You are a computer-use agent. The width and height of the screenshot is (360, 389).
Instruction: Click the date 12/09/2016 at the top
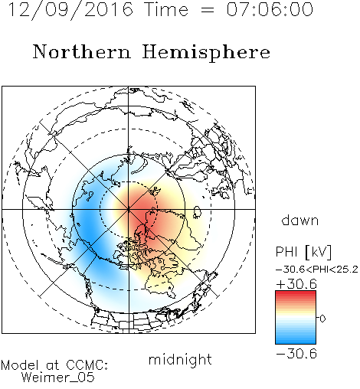[70, 10]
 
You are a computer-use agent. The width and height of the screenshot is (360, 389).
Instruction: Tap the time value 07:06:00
[270, 9]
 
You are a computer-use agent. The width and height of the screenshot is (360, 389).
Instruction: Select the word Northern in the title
[81, 51]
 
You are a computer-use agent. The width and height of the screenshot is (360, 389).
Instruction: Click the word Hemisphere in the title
[206, 53]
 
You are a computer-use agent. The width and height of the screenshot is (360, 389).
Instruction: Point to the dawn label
[300, 220]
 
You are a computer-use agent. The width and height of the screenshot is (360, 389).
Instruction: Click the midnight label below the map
[180, 359]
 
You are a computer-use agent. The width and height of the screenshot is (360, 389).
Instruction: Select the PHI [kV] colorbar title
[304, 252]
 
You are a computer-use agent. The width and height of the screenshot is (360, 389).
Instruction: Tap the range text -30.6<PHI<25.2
[317, 270]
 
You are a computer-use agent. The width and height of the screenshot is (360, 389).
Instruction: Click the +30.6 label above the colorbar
[296, 284]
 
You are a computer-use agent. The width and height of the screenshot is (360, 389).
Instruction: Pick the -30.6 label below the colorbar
[296, 354]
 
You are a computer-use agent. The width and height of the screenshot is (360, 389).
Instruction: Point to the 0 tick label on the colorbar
[322, 319]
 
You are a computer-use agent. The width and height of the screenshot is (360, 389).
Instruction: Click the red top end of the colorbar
[296, 293]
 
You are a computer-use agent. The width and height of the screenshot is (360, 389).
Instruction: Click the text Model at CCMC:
[54, 365]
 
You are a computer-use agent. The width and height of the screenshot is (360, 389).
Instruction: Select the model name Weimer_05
[58, 378]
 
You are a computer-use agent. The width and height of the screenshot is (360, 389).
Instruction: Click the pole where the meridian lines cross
[129, 209]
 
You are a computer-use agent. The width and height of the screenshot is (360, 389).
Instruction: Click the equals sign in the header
[208, 10]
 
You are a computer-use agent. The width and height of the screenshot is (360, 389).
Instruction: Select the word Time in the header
[166, 9]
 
